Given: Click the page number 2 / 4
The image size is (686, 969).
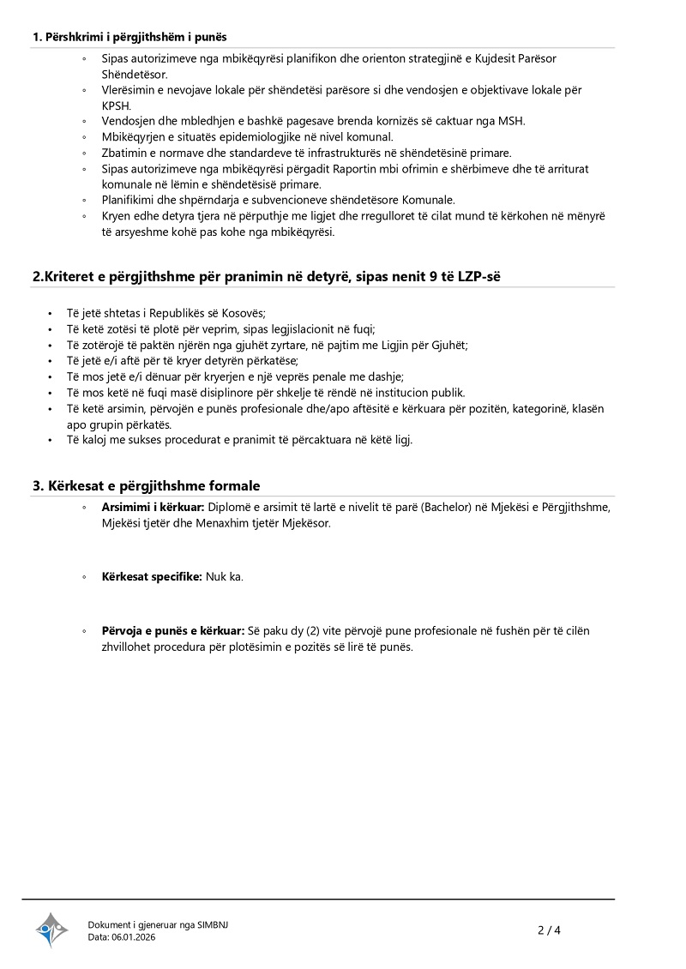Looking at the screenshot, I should click(x=549, y=930).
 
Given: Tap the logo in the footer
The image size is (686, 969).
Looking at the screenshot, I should click(x=51, y=930).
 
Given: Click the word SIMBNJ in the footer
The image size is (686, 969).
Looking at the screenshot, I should click(x=213, y=924).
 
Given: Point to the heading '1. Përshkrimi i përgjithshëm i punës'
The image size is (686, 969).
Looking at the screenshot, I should click(x=129, y=37).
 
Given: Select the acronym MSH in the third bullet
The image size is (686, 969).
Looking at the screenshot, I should click(x=512, y=121).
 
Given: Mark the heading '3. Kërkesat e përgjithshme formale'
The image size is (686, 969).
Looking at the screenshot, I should click(x=147, y=485).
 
